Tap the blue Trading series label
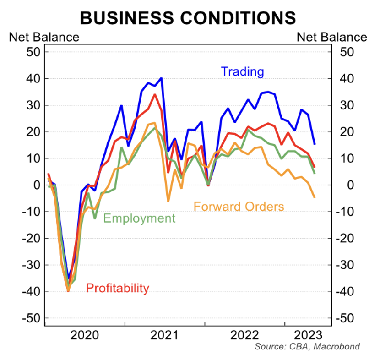(242, 71)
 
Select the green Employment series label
(139, 218)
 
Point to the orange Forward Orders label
(239, 207)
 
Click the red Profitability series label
(118, 288)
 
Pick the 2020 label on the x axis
(85, 335)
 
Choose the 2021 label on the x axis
(165, 335)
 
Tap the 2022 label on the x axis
(244, 335)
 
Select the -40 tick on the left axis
(31, 292)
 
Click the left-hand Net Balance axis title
(44, 37)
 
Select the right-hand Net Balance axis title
(332, 37)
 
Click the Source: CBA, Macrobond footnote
(307, 347)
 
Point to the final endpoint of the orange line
(315, 197)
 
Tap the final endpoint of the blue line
(315, 144)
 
